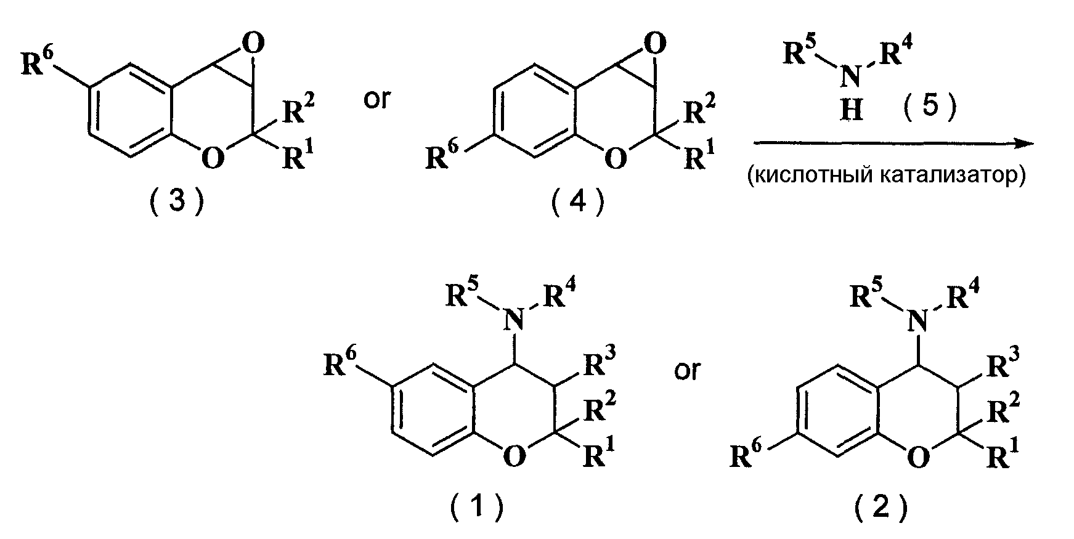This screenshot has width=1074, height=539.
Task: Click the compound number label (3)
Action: (x=176, y=201)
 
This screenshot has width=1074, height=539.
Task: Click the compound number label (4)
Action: (x=577, y=201)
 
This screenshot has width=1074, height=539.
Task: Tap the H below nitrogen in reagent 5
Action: (x=852, y=110)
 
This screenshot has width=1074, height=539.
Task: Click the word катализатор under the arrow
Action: (x=962, y=176)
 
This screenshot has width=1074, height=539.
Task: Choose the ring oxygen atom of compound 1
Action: (x=515, y=457)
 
